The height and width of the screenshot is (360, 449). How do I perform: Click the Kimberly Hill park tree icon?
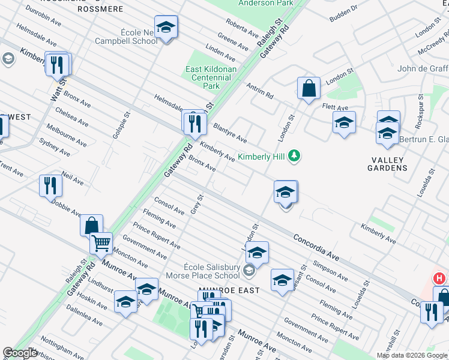click(x=294, y=156)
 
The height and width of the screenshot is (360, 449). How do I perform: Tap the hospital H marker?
click(x=439, y=278)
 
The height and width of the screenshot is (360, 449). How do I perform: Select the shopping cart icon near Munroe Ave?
click(x=101, y=242)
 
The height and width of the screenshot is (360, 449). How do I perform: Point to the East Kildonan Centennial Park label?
click(x=211, y=78)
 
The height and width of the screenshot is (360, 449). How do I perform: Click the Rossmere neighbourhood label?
click(x=100, y=9)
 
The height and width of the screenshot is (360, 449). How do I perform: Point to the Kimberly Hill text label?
click(x=261, y=157)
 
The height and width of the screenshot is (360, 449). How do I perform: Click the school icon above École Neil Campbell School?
click(x=166, y=26)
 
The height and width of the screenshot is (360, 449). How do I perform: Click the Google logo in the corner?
click(x=20, y=353)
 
